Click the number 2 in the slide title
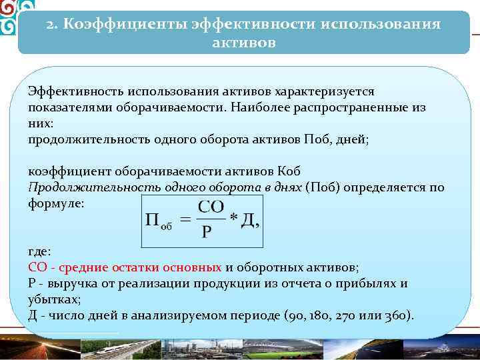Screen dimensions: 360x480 pos(51,25)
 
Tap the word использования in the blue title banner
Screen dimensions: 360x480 pos(381,25)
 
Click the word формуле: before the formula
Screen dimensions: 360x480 pos(57,203)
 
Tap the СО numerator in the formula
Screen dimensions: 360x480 pos(211,206)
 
